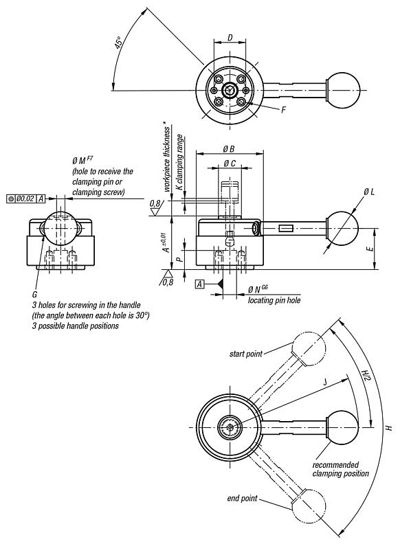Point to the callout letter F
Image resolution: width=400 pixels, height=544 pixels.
[x=284, y=109]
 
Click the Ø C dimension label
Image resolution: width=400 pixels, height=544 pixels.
[x=230, y=165]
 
